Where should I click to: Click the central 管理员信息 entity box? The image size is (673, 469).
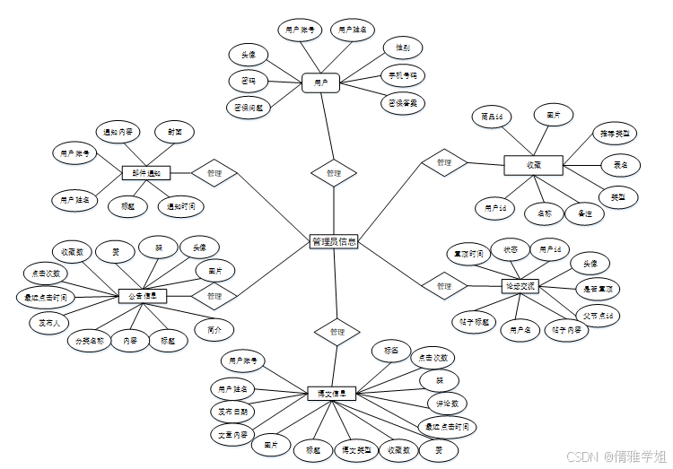point(334,241)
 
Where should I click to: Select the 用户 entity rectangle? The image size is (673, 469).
point(320,83)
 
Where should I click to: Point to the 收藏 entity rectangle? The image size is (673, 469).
point(533,165)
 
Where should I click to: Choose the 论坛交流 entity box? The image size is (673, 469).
point(519,286)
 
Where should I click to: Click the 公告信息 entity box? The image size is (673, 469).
point(143,296)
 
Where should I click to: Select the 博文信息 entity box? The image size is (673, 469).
point(332,393)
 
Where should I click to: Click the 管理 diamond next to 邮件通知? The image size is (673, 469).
point(214,172)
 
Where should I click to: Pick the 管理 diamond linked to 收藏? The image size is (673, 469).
point(443,163)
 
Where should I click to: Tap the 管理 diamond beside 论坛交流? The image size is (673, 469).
point(444,286)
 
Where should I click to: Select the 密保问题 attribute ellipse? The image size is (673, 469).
point(249,107)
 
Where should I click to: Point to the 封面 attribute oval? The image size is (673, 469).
point(175,132)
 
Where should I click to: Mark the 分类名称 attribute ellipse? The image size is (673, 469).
point(90,341)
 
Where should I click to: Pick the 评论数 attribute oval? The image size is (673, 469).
point(448,404)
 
